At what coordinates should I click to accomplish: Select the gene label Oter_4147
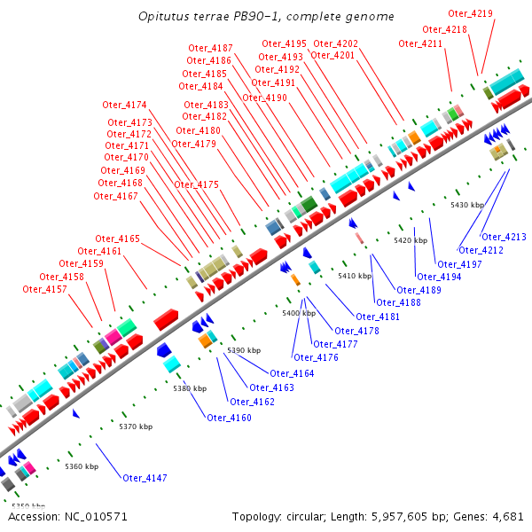(x=145, y=479)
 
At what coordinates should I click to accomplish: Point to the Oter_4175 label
(x=196, y=184)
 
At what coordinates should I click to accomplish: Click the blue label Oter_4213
(x=504, y=237)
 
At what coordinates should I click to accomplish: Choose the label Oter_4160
(x=229, y=418)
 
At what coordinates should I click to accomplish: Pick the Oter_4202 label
(x=336, y=43)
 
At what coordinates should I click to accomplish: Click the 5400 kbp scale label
(x=299, y=313)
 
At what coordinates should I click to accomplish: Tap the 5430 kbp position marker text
(x=467, y=205)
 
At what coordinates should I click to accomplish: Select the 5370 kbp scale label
(x=136, y=427)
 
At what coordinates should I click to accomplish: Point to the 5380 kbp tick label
(x=190, y=388)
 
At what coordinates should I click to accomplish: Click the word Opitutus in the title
(x=162, y=17)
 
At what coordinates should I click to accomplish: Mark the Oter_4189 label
(x=419, y=290)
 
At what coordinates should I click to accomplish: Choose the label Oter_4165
(x=118, y=239)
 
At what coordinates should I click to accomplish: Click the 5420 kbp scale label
(x=411, y=240)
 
